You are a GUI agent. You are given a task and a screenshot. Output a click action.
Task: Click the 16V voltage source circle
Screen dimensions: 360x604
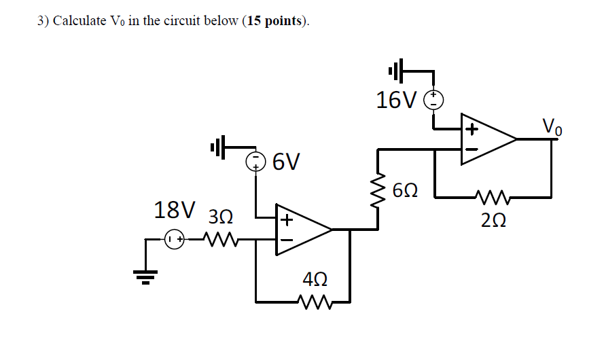(433, 101)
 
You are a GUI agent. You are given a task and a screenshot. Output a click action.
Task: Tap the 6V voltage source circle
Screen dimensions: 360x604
(255, 162)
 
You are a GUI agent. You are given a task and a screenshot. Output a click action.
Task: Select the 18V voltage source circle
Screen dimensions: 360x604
(175, 239)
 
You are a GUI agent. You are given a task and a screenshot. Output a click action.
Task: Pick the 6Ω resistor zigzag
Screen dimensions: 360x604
(377, 192)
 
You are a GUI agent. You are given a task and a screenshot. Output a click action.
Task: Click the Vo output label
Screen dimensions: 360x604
(552, 126)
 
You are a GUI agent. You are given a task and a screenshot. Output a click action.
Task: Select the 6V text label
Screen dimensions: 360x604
(285, 162)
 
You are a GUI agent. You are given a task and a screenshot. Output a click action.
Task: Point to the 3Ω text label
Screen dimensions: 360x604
(221, 217)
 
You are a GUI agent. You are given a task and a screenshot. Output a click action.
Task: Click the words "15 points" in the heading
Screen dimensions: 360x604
(275, 20)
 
